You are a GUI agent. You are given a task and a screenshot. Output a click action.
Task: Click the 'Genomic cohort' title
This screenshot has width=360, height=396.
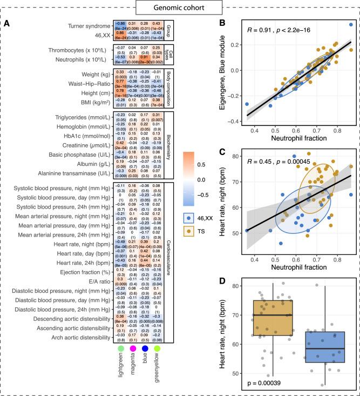click(180, 8)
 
